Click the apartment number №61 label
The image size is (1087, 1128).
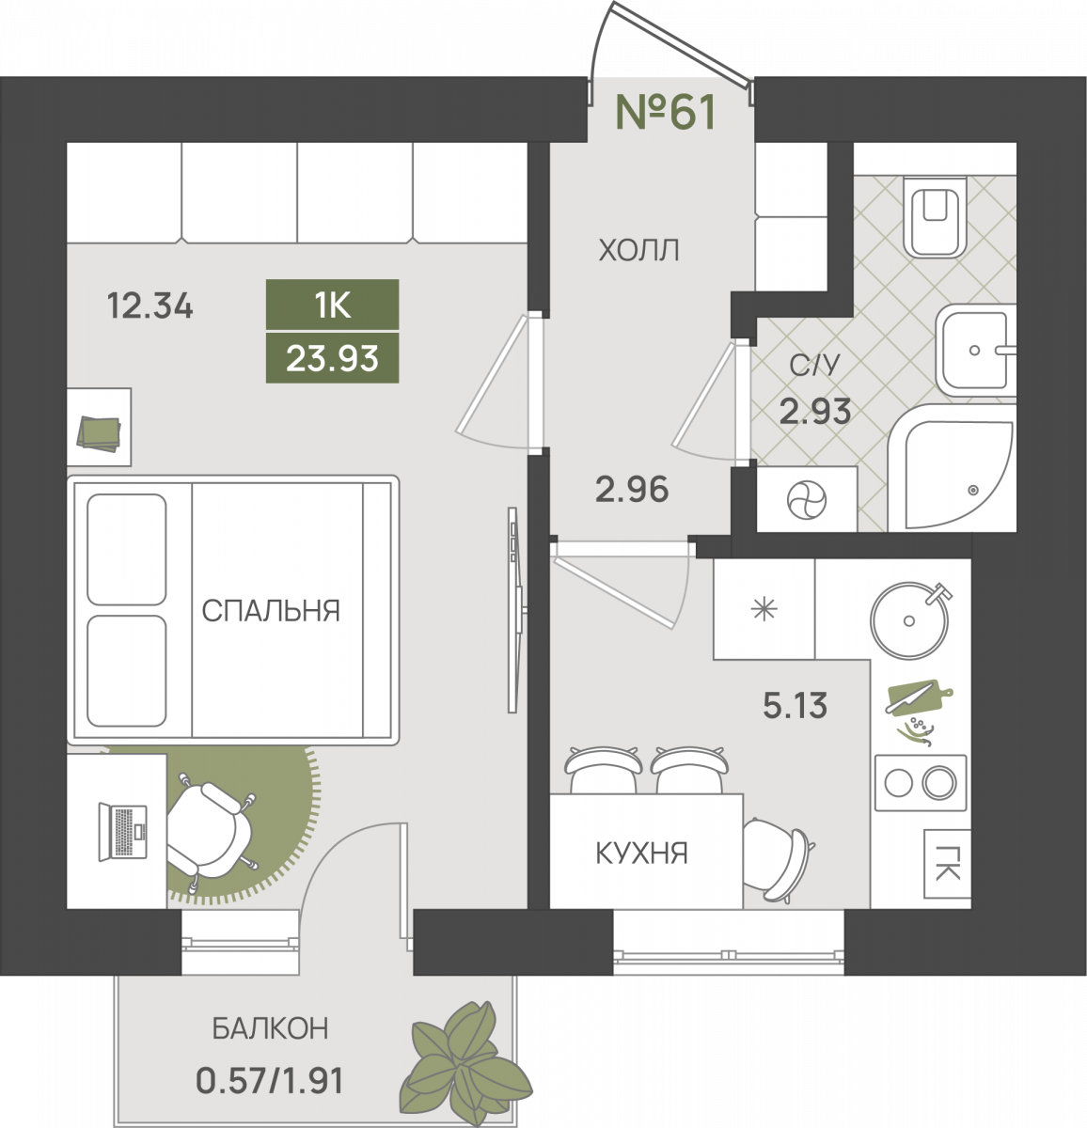[665, 112]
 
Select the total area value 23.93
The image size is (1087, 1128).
[332, 357]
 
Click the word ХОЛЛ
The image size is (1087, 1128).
[638, 250]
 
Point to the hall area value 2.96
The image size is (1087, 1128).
[632, 489]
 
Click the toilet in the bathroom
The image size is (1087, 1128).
[935, 217]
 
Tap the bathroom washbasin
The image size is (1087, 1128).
[976, 350]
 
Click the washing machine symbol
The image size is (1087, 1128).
[807, 500]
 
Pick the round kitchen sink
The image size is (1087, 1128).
[909, 620]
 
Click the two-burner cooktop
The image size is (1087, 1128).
[920, 782]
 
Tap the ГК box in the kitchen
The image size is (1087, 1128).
[947, 864]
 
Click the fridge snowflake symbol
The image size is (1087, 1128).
[764, 609]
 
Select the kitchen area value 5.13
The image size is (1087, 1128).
[795, 705]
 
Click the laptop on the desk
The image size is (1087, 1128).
[123, 832]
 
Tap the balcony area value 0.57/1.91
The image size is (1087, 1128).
[270, 1080]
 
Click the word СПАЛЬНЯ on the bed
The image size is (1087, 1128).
[271, 610]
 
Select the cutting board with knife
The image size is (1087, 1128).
[920, 697]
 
